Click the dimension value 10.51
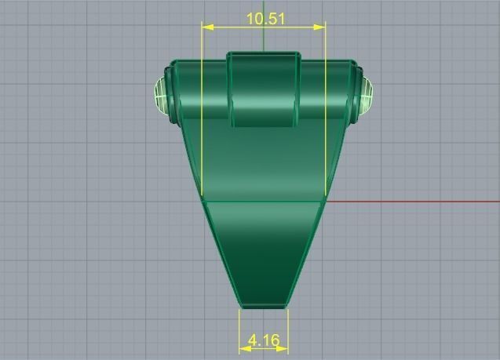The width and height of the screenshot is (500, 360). pyautogui.click(x=264, y=18)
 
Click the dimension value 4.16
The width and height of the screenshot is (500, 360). pyautogui.click(x=263, y=340)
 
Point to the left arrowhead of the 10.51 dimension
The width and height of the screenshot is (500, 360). pyautogui.click(x=206, y=27)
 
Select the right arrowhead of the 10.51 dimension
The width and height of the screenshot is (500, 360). pyautogui.click(x=320, y=27)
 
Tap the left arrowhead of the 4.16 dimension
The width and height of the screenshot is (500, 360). pyautogui.click(x=243, y=348)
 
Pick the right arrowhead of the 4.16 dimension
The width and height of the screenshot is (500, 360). pyautogui.click(x=283, y=348)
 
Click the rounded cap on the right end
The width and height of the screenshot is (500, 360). pyautogui.click(x=365, y=96)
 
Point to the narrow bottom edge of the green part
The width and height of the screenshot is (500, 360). pyautogui.click(x=264, y=304)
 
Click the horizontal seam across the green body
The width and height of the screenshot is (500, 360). pyautogui.click(x=264, y=199)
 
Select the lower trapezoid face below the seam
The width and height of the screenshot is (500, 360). pyautogui.click(x=264, y=251)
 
